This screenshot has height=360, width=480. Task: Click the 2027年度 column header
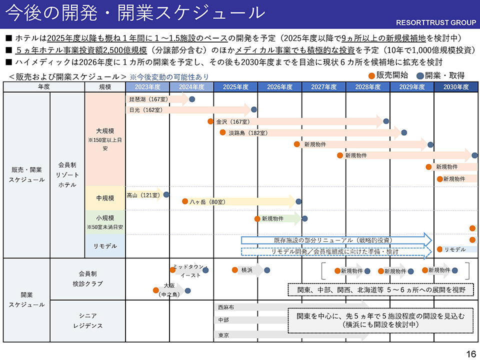click(x=323, y=87)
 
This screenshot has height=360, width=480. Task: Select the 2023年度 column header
click(x=147, y=87)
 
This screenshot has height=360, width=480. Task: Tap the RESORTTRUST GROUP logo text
click(x=436, y=22)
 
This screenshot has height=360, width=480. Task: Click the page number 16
click(x=471, y=353)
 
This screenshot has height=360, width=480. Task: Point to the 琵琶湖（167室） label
click(x=148, y=99)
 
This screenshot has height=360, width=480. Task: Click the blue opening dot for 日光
click(x=254, y=109)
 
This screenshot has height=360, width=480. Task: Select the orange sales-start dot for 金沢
click(x=210, y=121)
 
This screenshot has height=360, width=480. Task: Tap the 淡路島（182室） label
click(x=248, y=133)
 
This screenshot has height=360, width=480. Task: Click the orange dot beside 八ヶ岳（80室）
click(x=185, y=201)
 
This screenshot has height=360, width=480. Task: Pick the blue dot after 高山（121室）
click(x=166, y=194)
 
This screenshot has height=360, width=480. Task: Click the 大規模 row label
click(x=105, y=131)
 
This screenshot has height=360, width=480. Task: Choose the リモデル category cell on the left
click(x=105, y=246)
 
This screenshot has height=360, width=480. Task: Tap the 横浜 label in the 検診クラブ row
click(x=246, y=270)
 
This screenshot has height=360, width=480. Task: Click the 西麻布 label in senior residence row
click(x=226, y=307)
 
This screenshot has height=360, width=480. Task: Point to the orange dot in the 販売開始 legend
click(x=371, y=75)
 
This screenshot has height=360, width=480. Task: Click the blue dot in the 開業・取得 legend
click(x=420, y=75)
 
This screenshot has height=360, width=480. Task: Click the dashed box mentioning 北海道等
click(x=381, y=290)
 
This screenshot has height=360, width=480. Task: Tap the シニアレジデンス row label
click(x=87, y=320)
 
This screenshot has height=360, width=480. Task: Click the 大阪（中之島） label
click(x=169, y=290)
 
